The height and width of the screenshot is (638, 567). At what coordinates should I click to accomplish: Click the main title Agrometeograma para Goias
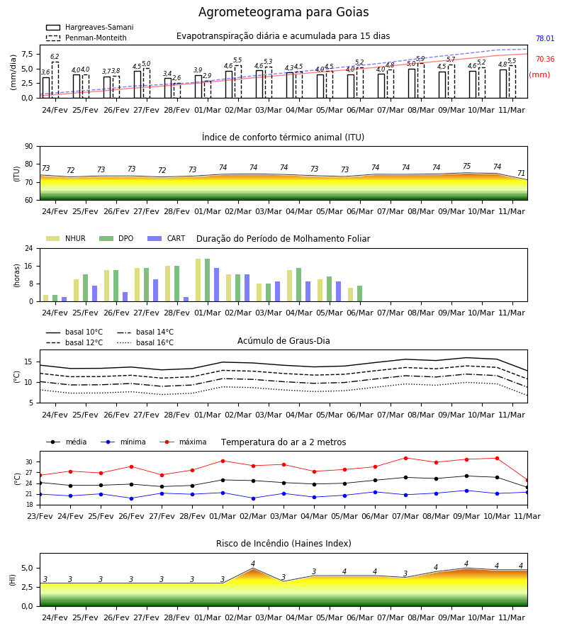pos(283,12)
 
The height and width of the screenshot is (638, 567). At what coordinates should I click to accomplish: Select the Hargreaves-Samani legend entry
pos(89,27)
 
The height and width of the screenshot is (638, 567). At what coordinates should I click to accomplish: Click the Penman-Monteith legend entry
pos(86,38)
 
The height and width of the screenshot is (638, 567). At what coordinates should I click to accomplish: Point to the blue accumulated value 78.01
pos(545,39)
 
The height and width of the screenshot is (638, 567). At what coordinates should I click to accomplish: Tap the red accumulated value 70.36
pos(545,59)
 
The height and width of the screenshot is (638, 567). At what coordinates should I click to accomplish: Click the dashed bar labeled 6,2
pos(55,79)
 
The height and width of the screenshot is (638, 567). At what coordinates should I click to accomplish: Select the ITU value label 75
pos(466,166)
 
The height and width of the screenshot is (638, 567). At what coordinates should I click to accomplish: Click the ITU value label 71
pos(521,174)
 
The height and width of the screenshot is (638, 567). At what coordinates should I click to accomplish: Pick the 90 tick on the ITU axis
pos(29,147)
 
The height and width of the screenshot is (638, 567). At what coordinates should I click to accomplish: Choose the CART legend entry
pos(167,238)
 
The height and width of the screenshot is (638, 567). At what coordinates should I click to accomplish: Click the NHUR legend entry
pos(66,238)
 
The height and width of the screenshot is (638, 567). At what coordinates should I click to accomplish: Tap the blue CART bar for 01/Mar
pos(216,285)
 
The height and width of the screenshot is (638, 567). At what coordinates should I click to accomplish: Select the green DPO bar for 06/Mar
pos(359,293)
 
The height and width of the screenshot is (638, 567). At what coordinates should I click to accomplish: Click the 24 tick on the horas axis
pos(29,248)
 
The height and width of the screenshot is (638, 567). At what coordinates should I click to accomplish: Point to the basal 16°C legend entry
pos(145,342)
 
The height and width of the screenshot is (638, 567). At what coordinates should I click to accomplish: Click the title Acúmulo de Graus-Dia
pos(283,341)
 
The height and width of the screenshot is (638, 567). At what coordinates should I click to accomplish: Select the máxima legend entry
pos(183,442)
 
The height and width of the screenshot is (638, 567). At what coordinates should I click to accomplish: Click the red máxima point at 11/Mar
pos(527,481)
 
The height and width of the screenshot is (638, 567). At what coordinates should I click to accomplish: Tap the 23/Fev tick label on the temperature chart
pos(40,516)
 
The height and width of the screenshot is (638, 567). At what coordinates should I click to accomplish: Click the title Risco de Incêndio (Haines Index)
pos(283,544)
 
